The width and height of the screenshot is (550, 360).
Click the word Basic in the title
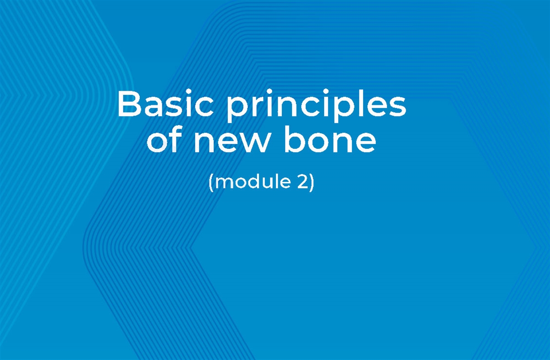(x=165, y=104)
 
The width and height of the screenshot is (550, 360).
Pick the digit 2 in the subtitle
(x=298, y=182)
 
